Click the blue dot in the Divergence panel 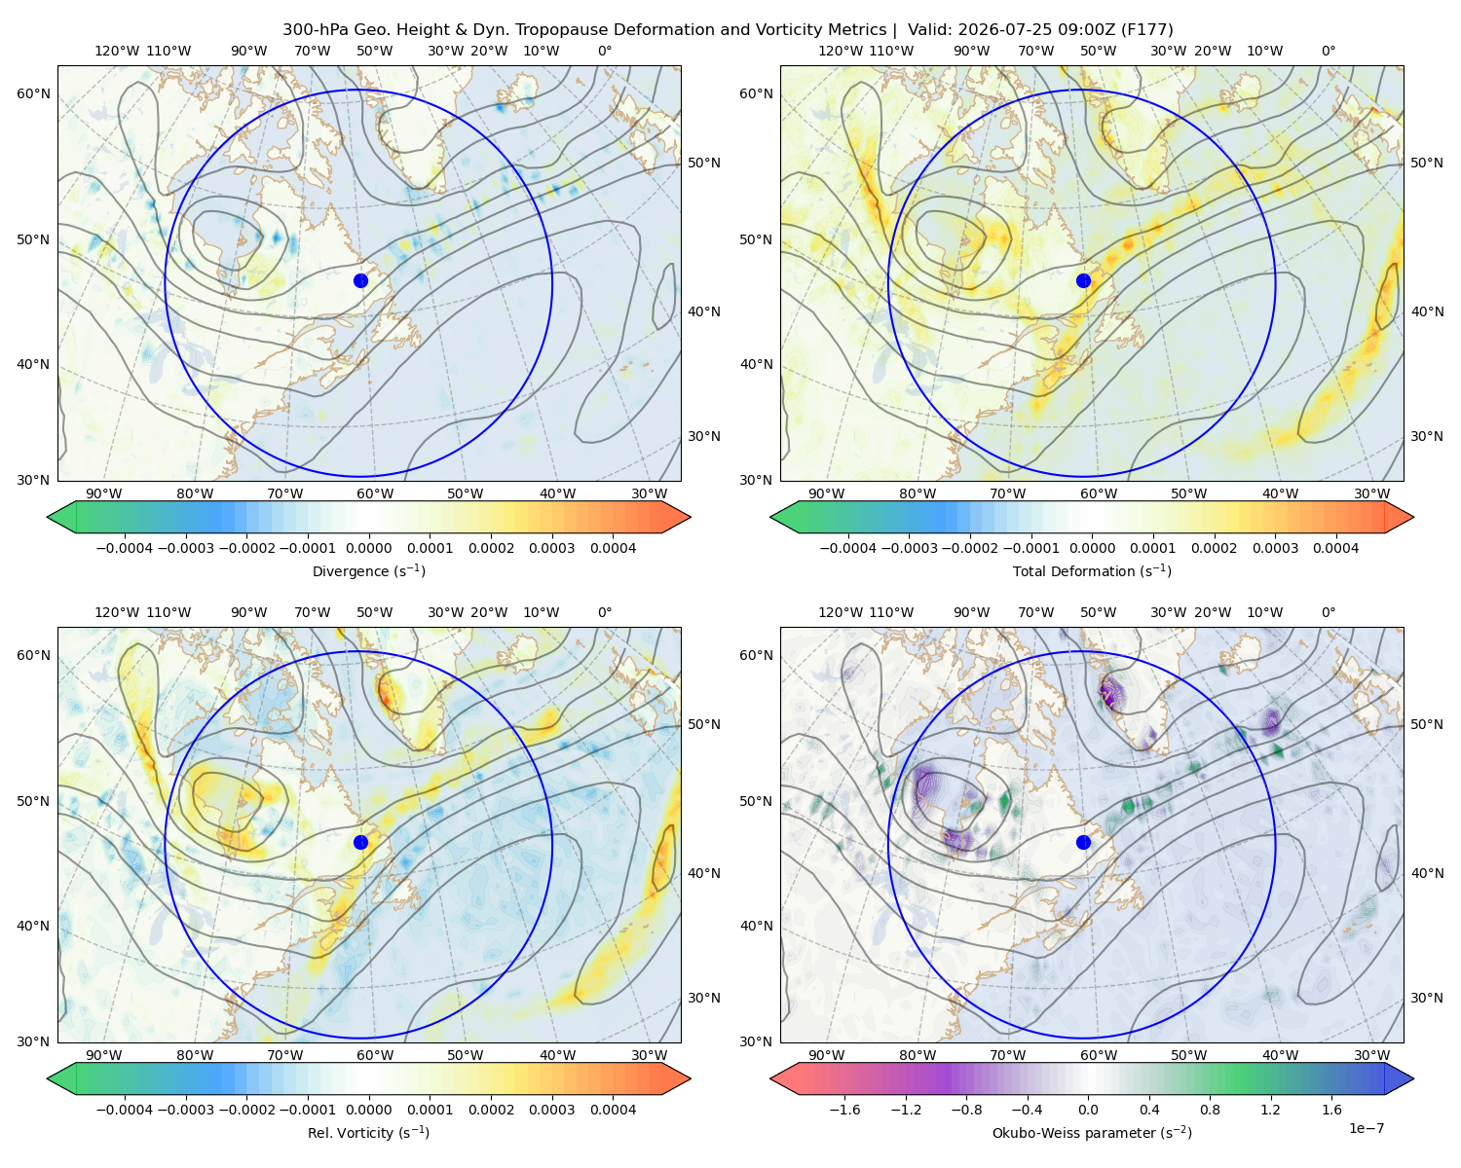(360, 280)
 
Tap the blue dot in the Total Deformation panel (1083, 280)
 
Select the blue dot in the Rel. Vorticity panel (360, 842)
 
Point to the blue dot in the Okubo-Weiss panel (1083, 842)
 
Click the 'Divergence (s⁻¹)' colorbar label (368, 570)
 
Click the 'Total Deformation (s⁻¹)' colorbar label (1092, 570)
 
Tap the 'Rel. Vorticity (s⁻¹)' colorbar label (368, 1132)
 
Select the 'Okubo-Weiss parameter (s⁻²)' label (1092, 1132)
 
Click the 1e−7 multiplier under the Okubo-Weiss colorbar (1366, 1128)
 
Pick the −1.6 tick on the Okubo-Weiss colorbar (845, 1110)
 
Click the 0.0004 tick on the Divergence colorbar (613, 548)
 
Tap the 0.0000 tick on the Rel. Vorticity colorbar (368, 1110)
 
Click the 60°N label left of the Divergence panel (33, 93)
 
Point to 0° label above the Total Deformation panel (1329, 51)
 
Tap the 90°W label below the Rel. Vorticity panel (104, 1055)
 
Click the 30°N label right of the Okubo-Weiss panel (1427, 998)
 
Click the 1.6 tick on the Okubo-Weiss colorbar (1332, 1110)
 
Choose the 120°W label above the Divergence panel (117, 51)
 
